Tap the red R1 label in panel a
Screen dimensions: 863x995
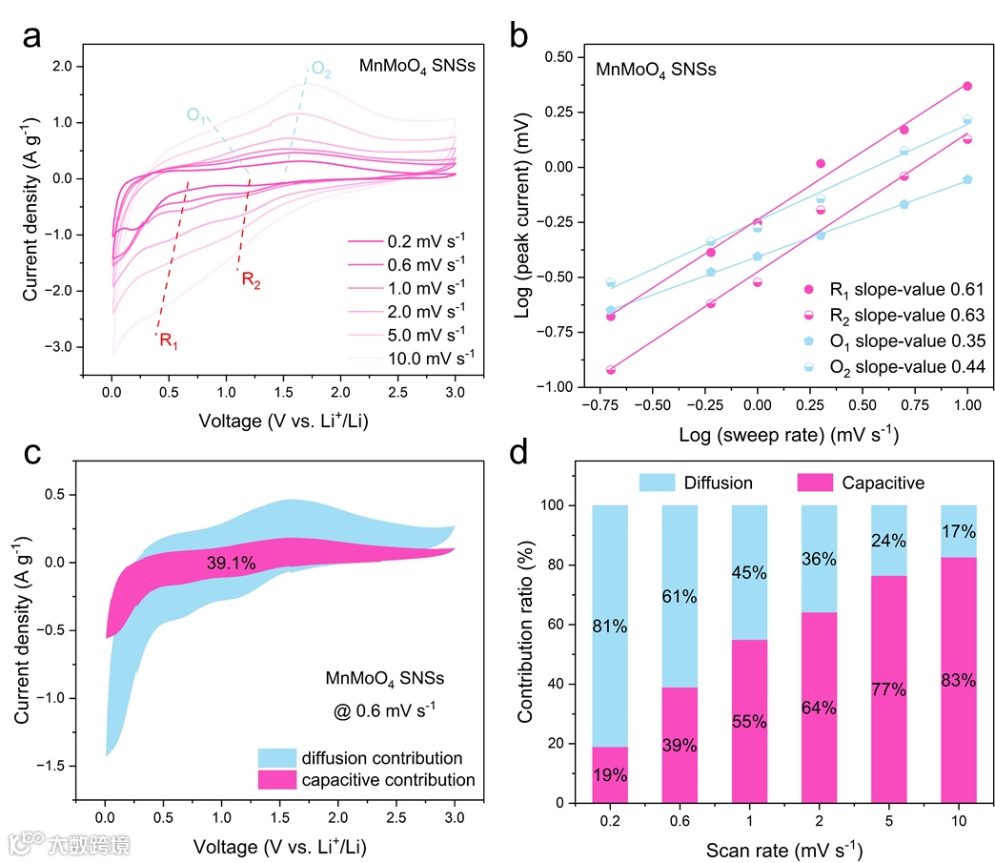pyautogui.click(x=168, y=340)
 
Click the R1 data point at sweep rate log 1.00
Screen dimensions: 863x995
pyautogui.click(x=966, y=86)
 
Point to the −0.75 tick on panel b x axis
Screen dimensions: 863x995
pyautogui.click(x=599, y=404)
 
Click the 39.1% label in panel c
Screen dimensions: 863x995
pyautogui.click(x=231, y=564)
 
